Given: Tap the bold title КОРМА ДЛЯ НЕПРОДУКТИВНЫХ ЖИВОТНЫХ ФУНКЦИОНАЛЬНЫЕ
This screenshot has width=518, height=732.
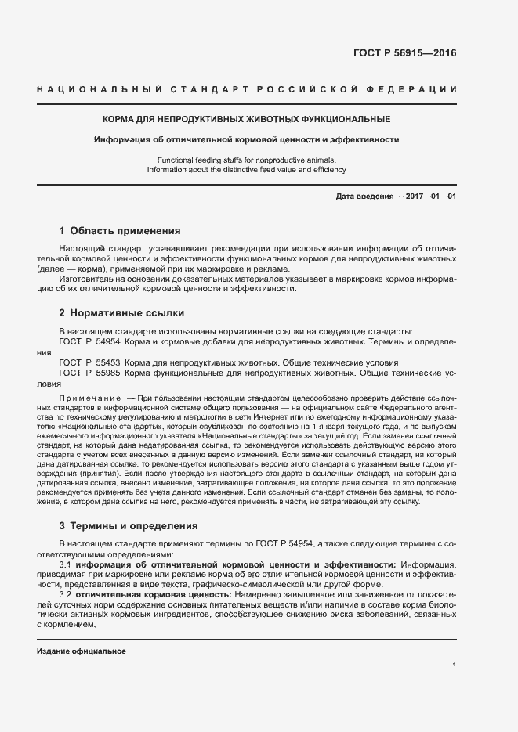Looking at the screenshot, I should tap(247, 120).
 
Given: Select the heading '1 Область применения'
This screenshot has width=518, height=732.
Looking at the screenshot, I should tap(120, 231).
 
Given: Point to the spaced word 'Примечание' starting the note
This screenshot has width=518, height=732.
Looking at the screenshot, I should tap(86, 399).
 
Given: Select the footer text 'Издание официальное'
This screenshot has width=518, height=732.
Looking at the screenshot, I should tap(82, 651).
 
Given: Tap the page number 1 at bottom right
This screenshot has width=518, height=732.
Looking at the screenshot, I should tap(455, 665).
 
